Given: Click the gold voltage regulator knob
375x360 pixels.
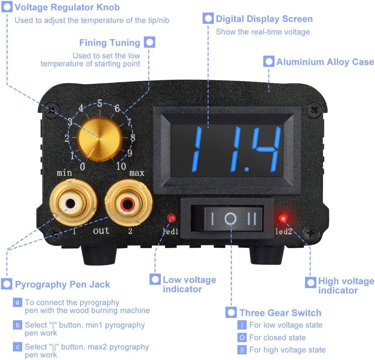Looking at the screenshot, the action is pyautogui.click(x=100, y=139).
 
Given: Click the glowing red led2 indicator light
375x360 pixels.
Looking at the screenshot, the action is pyautogui.click(x=283, y=218).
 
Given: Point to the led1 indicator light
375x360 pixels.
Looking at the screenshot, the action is pyautogui.click(x=171, y=218).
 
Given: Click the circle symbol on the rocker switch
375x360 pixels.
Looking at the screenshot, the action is pyautogui.click(x=230, y=218).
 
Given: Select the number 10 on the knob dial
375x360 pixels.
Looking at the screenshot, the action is pyautogui.click(x=121, y=166).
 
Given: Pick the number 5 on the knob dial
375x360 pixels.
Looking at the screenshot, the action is pyautogui.click(x=99, y=103).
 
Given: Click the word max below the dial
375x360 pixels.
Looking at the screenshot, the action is pyautogui.click(x=137, y=173).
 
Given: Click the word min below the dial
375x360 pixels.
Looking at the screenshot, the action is pyautogui.click(x=64, y=173).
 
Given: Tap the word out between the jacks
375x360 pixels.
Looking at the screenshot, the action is pyautogui.click(x=101, y=231).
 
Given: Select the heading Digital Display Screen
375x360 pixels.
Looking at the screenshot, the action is pyautogui.click(x=264, y=19).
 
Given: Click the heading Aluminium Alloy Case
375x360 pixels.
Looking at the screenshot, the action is pyautogui.click(x=325, y=62).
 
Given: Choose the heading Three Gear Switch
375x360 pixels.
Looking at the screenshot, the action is pyautogui.click(x=280, y=313).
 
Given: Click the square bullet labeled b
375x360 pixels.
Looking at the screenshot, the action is pyautogui.click(x=18, y=325).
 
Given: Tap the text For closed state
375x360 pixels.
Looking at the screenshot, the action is pyautogui.click(x=278, y=337).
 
